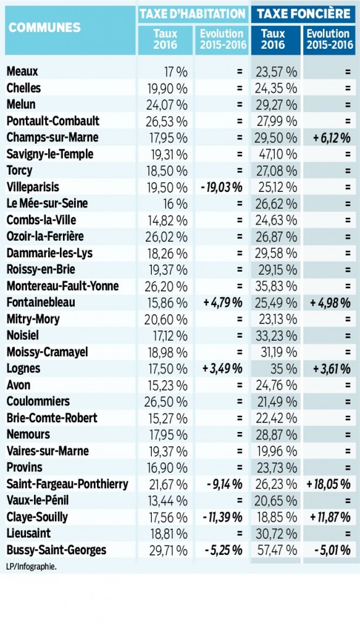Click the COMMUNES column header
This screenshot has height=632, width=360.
[44, 27]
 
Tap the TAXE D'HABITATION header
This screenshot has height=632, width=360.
[192, 14]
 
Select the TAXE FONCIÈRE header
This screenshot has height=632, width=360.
[304, 14]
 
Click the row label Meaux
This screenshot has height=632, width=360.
[22, 72]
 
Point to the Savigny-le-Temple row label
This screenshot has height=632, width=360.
[50, 154]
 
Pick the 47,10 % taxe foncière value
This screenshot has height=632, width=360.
[277, 154]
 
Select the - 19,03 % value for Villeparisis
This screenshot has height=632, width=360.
[221, 188]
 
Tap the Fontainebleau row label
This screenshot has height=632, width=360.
[41, 302]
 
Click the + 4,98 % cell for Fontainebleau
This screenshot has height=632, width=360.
[330, 302]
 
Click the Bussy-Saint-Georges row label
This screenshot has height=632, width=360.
[56, 550]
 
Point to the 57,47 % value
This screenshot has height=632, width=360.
[277, 550]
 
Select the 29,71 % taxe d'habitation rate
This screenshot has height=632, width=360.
[168, 550]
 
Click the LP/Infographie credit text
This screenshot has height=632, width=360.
[31, 567]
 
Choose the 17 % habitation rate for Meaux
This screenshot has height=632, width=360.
[176, 72]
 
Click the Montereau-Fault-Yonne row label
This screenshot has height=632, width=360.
[62, 286]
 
